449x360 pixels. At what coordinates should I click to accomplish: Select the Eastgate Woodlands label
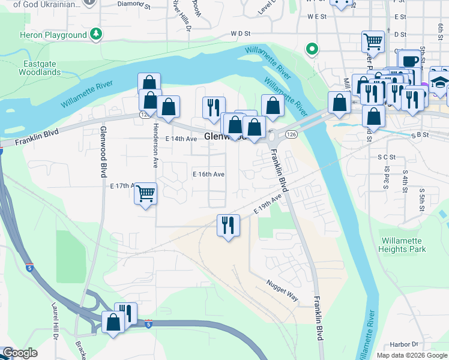pyautogui.click(x=42, y=67)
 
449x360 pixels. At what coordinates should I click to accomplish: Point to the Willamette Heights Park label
pyautogui.click(x=403, y=245)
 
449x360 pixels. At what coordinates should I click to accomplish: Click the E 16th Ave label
pyautogui.click(x=208, y=174)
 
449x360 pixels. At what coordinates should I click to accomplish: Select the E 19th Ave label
pyautogui.click(x=267, y=205)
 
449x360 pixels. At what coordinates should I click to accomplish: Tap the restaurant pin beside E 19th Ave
pyautogui.click(x=228, y=225)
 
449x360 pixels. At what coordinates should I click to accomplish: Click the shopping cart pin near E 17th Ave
pyautogui.click(x=145, y=193)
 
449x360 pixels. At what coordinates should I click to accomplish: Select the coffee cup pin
pyautogui.click(x=409, y=60)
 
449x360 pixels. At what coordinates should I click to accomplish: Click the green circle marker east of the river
pyautogui.click(x=311, y=49)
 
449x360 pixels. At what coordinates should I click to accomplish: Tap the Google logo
pyautogui.click(x=20, y=353)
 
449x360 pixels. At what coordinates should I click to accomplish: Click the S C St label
pyautogui.click(x=387, y=157)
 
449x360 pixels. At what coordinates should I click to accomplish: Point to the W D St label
pyautogui.click(x=241, y=35)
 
